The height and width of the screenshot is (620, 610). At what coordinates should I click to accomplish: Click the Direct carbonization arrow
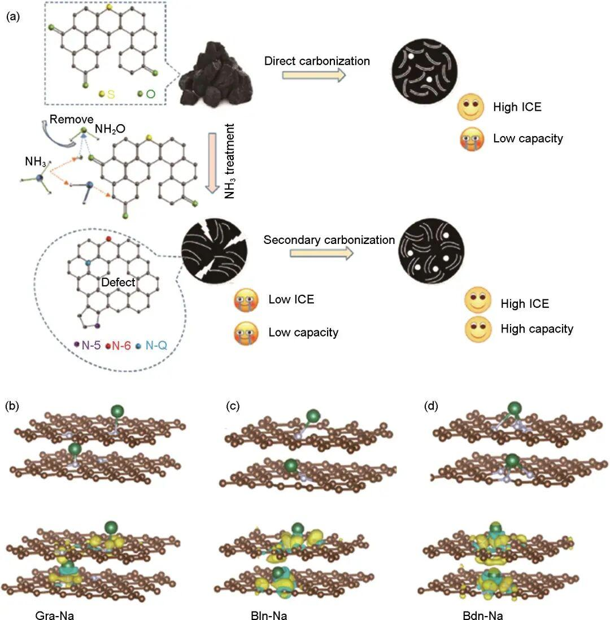coord(313,76)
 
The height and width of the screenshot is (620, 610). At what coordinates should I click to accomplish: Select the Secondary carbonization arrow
coord(321,253)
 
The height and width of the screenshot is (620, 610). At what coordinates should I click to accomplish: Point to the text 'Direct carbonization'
coord(317,61)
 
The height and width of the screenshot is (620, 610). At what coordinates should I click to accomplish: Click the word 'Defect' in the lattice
coord(118,282)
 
